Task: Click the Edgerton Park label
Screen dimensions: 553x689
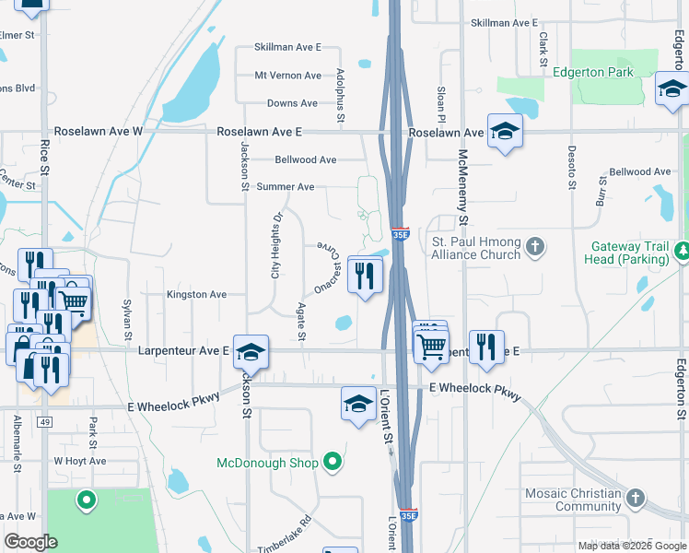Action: pos(593,72)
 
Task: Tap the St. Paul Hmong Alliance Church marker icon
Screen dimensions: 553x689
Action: pos(535,246)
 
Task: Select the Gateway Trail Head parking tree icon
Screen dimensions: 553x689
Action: pos(683,250)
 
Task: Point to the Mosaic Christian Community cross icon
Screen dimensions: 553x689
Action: pos(635,499)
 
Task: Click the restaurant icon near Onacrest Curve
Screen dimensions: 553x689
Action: pos(366,274)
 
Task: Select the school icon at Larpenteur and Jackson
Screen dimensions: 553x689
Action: pos(251,352)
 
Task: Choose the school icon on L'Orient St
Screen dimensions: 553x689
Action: pos(358,403)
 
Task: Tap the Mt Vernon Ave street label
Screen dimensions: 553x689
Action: pos(287,76)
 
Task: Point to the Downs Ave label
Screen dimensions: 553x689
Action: pos(293,104)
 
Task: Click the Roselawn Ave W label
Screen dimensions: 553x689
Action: pos(99,132)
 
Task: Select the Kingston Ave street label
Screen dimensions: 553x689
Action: pos(196,295)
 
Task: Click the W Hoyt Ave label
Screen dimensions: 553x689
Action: pos(80,461)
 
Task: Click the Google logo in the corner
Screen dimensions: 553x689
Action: pos(30,542)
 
